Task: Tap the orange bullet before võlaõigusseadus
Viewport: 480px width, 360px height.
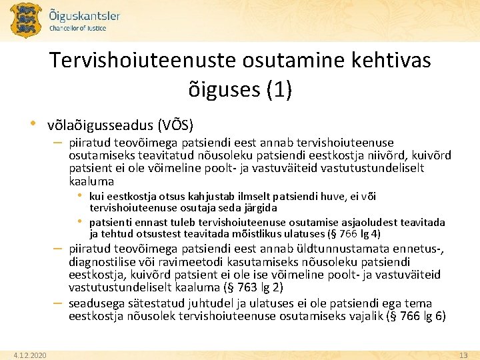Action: tap(32, 124)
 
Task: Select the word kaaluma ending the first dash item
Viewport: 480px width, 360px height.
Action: tap(91, 181)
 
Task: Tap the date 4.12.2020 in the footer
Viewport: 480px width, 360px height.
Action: tap(31, 355)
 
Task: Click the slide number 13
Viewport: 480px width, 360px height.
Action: tap(464, 355)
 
